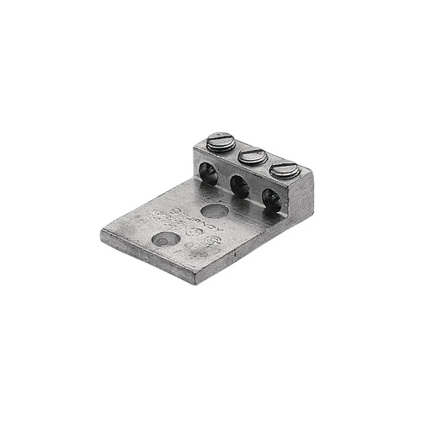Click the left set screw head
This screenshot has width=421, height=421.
[221, 141]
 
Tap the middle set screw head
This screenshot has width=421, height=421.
[253, 156]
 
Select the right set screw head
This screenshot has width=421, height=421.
[285, 169]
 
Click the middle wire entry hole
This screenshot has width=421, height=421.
[239, 188]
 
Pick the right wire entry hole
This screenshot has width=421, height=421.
[270, 199]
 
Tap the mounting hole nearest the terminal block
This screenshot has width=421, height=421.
[215, 210]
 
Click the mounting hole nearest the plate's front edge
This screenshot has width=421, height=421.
[165, 239]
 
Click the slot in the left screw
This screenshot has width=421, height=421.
[221, 138]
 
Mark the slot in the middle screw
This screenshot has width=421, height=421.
[253, 154]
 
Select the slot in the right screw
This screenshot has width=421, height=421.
[285, 168]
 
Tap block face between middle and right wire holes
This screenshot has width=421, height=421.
[255, 195]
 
